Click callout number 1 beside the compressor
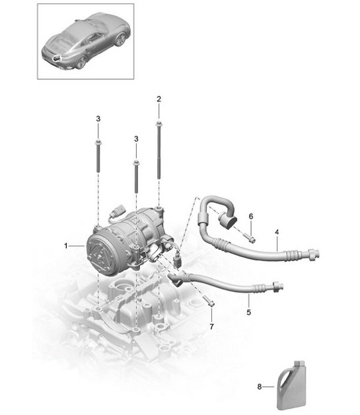click(x=66, y=246)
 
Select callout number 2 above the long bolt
click(x=159, y=99)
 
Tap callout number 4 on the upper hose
click(x=277, y=232)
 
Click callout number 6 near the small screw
click(x=251, y=215)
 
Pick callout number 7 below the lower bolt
click(x=211, y=326)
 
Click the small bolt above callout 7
click(x=211, y=303)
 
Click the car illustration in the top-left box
click(x=85, y=40)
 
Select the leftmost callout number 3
click(x=98, y=119)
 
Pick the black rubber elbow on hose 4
click(x=228, y=219)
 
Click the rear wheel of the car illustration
click(x=81, y=61)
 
